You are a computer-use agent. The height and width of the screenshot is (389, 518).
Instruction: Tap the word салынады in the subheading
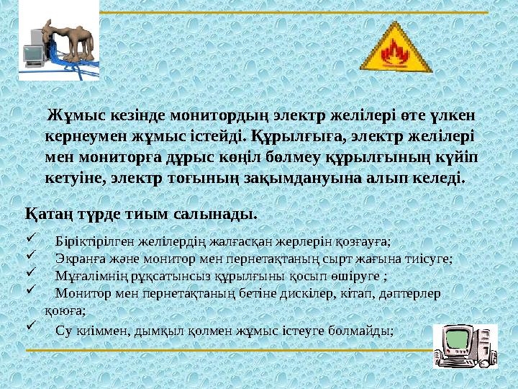coord(223,215)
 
